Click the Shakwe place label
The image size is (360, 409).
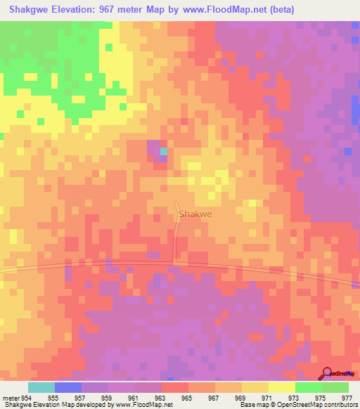(195, 214)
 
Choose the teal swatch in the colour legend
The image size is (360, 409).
(41, 387)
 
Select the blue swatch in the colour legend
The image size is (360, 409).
(68, 387)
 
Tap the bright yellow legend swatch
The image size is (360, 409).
(282, 387)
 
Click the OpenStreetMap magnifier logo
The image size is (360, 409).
(326, 373)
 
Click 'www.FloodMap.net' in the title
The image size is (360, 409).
(226, 9)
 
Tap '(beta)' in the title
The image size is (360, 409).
(280, 9)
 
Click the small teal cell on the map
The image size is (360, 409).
(164, 151)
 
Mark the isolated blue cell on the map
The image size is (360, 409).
(347, 151)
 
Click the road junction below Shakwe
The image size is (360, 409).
(175, 264)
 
